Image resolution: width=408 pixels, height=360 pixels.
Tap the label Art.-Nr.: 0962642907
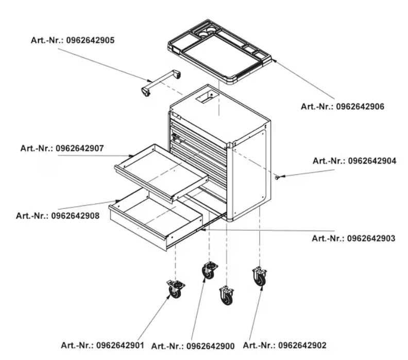coord(62,148)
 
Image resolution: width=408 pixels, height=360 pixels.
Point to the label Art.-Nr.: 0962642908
coord(58,215)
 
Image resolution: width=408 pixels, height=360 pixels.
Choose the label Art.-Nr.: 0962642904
coord(354,161)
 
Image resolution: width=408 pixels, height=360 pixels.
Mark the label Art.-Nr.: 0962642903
coord(354,238)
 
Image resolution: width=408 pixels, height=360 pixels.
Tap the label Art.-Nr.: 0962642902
coord(284,345)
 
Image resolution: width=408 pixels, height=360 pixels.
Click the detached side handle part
coord(161,81)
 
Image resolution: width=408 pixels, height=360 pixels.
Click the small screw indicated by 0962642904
coord(279,177)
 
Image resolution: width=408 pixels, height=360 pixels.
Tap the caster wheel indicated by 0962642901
coord(175,289)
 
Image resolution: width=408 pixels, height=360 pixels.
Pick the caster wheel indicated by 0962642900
coord(208,270)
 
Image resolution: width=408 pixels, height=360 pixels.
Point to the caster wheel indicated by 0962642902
coord(259,277)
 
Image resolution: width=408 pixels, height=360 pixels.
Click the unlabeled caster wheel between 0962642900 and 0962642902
coord(226,296)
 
